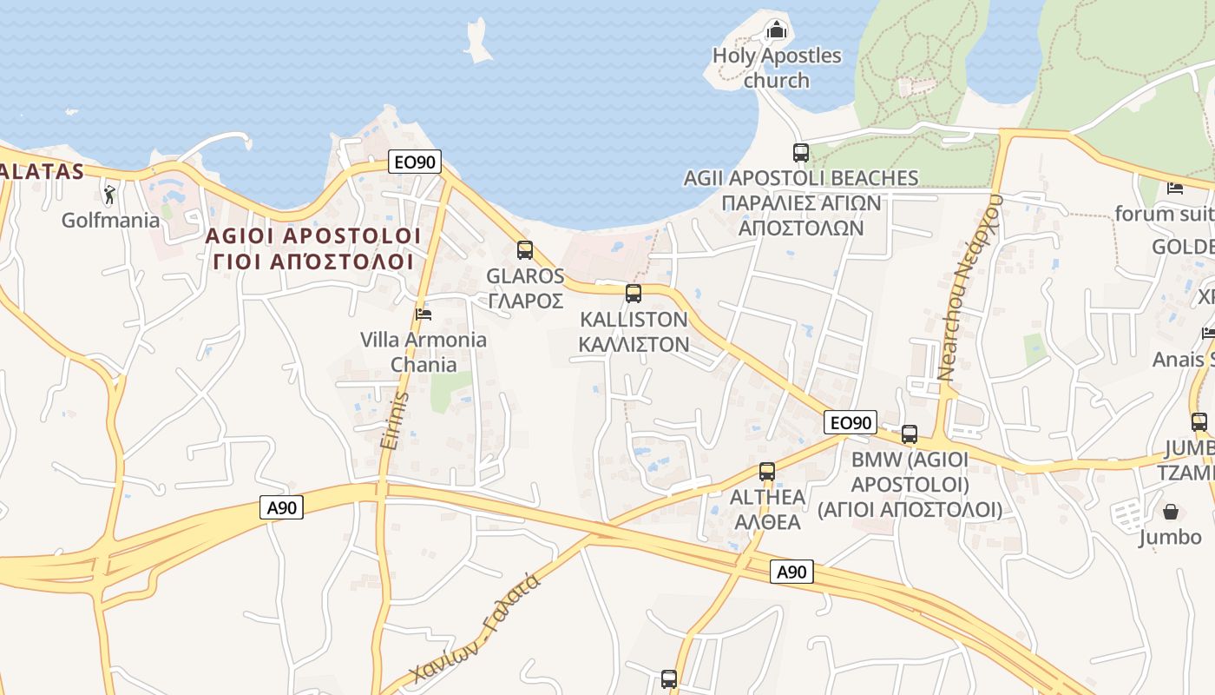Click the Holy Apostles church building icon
click(775, 31)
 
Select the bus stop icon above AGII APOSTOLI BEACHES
click(800, 153)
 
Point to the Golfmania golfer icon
click(109, 194)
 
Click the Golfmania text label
click(110, 220)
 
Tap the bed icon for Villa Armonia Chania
click(424, 314)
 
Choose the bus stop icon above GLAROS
click(524, 250)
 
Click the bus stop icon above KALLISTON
click(634, 294)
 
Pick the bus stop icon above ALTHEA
click(766, 472)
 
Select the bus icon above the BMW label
click(909, 434)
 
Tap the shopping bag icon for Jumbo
click(1170, 512)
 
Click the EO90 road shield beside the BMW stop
click(850, 423)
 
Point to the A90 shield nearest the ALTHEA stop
click(791, 572)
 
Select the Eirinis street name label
click(394, 420)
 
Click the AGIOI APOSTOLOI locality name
click(313, 236)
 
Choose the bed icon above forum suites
click(1175, 188)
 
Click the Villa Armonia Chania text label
click(424, 352)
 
